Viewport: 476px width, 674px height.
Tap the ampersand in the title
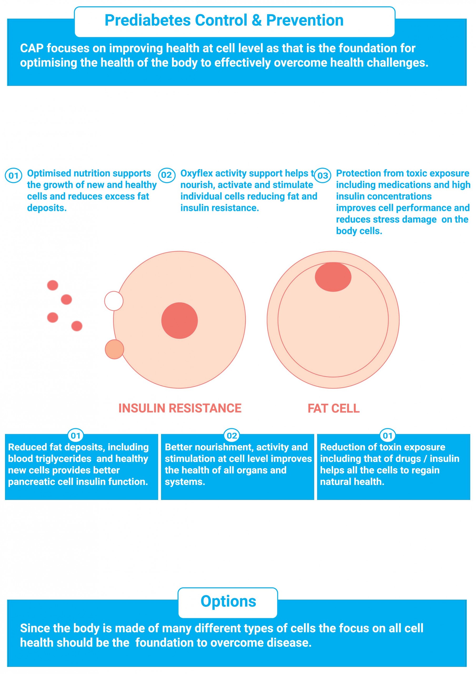click(x=257, y=20)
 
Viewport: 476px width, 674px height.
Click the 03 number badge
click(x=323, y=176)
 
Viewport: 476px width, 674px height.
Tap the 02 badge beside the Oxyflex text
click(x=166, y=175)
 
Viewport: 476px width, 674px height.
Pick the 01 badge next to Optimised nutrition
click(x=13, y=176)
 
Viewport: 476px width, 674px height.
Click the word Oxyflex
click(x=196, y=174)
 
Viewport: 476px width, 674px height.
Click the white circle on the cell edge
click(x=114, y=301)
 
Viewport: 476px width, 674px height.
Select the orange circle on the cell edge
click(x=114, y=349)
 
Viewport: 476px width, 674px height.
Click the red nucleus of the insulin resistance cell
click(x=180, y=321)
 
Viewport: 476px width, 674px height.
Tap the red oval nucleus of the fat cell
click(x=333, y=277)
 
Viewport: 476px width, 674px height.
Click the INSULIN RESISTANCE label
click(x=180, y=408)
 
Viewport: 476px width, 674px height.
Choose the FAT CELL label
click(x=333, y=408)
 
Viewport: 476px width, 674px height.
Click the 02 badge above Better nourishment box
click(x=232, y=436)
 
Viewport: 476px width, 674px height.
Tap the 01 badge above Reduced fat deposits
click(x=76, y=436)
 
